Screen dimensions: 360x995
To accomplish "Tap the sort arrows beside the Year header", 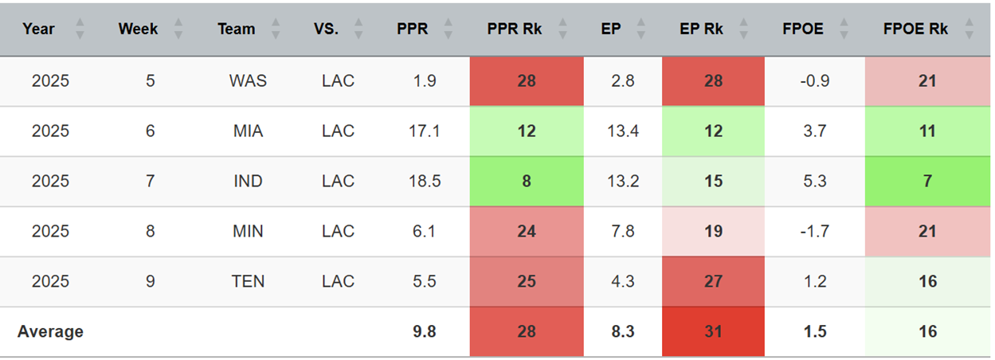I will pos(80,29).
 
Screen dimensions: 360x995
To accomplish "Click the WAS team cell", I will pos(248,80).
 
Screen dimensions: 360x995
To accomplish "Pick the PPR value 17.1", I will pos(425,131).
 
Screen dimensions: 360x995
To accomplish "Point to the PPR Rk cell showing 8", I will pos(527,181).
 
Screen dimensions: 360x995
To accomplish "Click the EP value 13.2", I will pos(623,181).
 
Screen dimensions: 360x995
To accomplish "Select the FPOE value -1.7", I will pos(814,231).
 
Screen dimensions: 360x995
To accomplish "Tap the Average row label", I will pos(50,331).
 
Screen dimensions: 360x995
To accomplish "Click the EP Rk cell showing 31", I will pos(713,331).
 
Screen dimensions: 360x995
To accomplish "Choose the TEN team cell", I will pos(248,281).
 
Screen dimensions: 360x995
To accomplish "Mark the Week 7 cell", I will pos(151,181).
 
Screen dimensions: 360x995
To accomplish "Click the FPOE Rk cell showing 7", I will pos(927,181).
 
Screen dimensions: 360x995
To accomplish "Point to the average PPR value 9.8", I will pos(425,331).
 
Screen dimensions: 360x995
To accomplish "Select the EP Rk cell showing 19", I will pos(713,231).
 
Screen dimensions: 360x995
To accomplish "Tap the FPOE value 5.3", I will pos(814,181).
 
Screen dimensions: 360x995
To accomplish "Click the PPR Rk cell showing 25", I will pos(527,281).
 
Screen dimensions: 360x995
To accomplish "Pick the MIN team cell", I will pos(248,231).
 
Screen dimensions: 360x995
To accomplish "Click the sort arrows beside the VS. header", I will pos(358,29).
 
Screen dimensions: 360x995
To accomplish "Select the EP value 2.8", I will pos(623,80).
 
